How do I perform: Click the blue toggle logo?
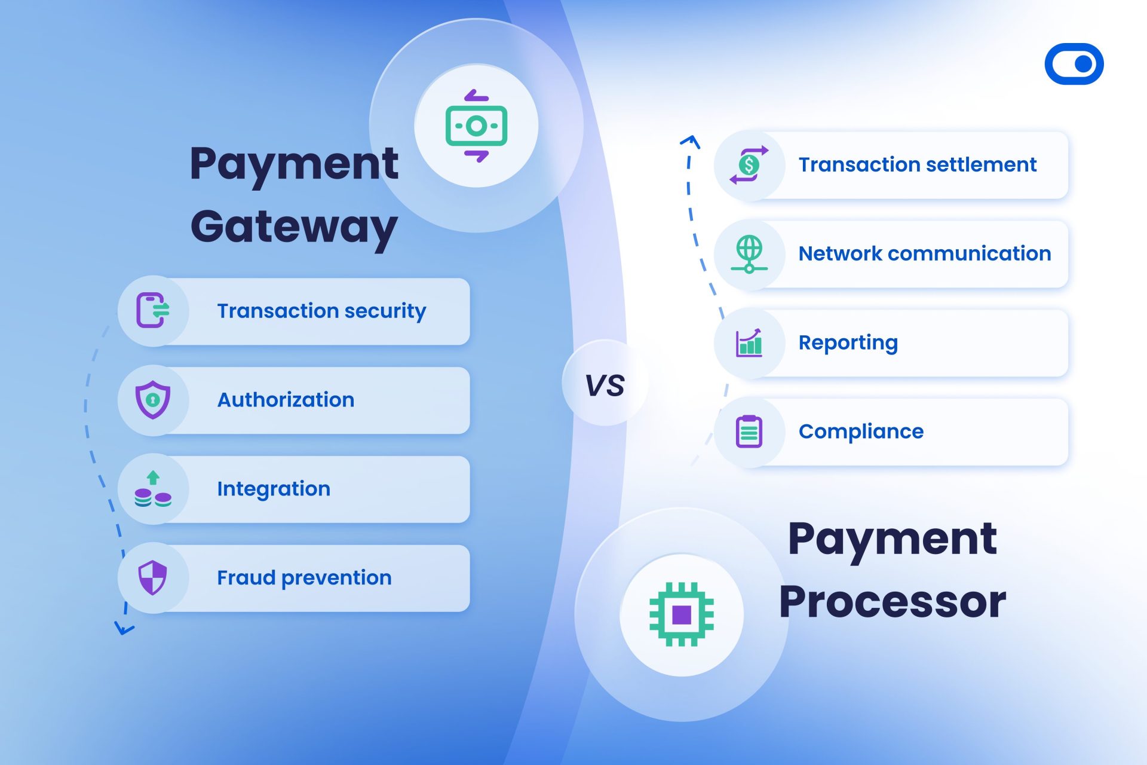1074,64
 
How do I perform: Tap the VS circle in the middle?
605,384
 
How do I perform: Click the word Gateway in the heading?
294,228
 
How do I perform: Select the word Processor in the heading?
893,602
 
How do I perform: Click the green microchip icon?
682,614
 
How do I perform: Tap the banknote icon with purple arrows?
476,126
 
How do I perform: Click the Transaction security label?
321,311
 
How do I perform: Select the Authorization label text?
286,400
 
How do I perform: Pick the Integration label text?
274,489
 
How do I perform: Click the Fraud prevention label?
304,578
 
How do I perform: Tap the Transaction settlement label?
917,164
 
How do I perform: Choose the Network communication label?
924,253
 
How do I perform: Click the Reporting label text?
848,342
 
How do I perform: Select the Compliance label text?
861,432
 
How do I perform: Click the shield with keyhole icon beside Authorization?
153,399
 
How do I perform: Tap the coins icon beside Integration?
153,489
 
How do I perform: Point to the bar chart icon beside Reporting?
749,343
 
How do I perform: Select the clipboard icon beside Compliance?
749,432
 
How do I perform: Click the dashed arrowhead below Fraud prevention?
124,629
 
